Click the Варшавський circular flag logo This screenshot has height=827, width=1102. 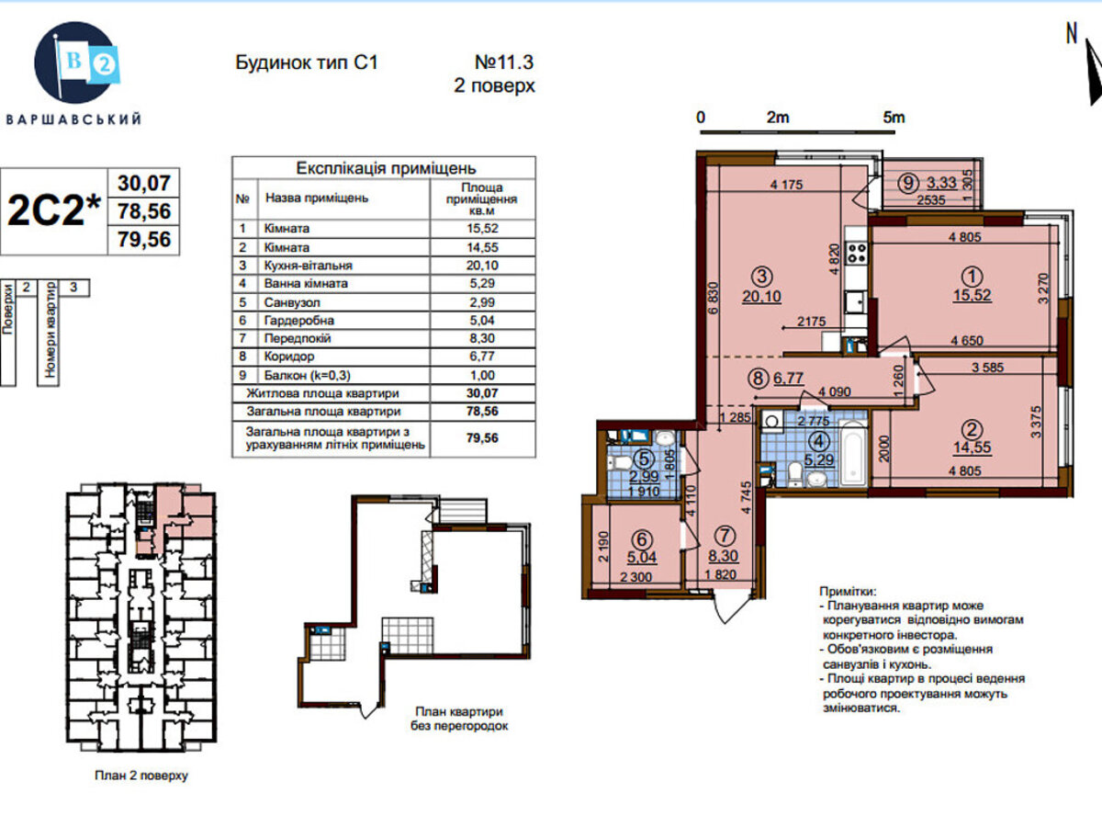click(x=76, y=62)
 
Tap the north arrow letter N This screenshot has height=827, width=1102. click(x=1072, y=34)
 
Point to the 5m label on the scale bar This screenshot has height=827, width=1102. click(x=894, y=118)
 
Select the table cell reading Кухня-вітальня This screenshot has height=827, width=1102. click(x=308, y=266)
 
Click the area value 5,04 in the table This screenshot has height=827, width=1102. click(x=482, y=320)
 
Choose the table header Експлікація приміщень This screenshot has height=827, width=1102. click(x=386, y=168)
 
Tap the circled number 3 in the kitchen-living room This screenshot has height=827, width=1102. click(x=761, y=277)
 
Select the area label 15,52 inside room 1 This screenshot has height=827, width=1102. click(x=972, y=295)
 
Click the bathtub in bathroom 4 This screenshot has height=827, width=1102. click(x=853, y=454)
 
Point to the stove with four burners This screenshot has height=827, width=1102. click(x=857, y=253)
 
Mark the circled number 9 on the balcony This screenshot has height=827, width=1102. click(x=907, y=183)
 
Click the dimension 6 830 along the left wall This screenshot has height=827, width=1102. click(x=714, y=298)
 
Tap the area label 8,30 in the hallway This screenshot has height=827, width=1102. click(x=724, y=556)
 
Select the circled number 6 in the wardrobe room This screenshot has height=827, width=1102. click(x=642, y=539)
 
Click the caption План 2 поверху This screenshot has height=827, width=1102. click(x=141, y=776)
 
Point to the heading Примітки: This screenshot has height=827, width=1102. click(x=848, y=591)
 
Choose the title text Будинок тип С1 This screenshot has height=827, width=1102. click(x=306, y=62)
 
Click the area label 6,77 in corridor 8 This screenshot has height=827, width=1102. click(x=788, y=378)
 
